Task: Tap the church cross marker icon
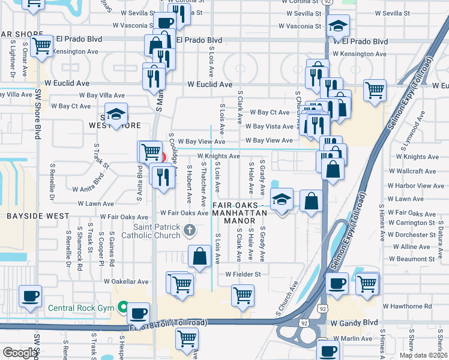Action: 189,230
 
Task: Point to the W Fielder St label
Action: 243,274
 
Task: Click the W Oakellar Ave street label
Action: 125,281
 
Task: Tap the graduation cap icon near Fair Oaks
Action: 280,199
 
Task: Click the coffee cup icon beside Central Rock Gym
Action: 139,313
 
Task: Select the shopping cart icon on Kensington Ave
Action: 42,46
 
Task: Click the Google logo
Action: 20,353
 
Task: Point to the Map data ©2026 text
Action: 423,355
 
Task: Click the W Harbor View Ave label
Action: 415,186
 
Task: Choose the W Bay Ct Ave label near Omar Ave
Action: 71,106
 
